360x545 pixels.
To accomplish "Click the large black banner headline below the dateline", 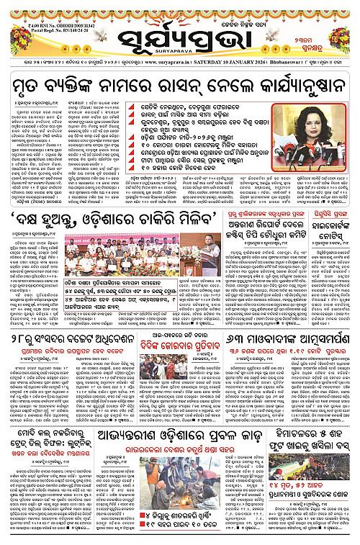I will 180,86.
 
